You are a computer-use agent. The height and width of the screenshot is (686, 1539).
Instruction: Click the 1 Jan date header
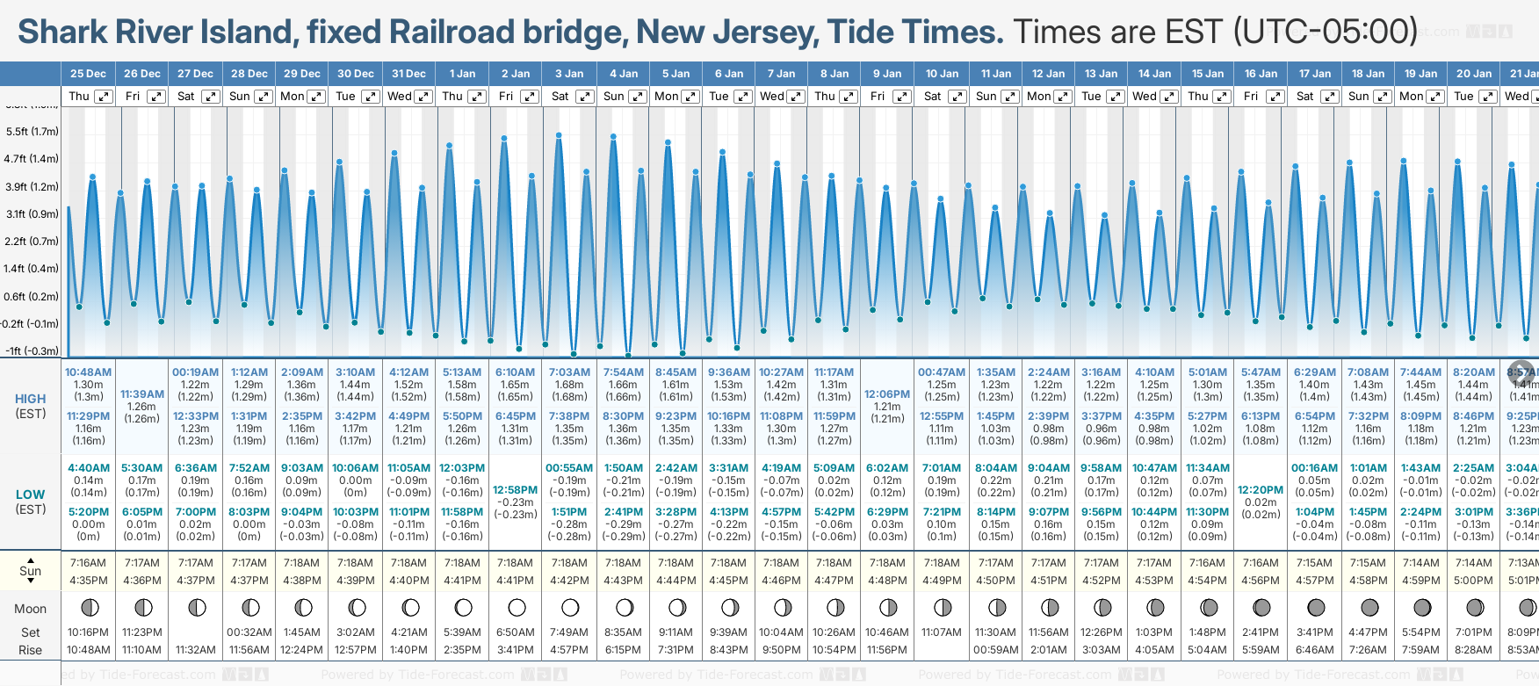coord(462,74)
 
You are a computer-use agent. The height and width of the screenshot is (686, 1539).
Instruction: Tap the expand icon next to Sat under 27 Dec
coord(210,97)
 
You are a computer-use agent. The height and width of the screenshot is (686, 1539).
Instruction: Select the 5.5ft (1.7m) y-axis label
coord(32,132)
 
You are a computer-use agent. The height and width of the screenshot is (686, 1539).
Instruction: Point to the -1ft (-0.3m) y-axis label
coord(32,350)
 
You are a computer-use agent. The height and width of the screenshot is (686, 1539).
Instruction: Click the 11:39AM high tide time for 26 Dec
coord(142,394)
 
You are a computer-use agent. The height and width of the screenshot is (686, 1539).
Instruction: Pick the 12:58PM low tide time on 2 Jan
coord(515,490)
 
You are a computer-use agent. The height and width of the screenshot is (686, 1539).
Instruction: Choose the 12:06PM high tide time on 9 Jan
coord(887,394)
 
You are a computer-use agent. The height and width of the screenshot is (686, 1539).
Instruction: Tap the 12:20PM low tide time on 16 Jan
coord(1261,490)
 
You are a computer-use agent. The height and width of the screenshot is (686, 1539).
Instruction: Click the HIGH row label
coord(31,399)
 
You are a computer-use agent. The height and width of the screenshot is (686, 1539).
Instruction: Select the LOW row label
coord(31,495)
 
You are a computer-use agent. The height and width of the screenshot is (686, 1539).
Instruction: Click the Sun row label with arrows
coord(31,571)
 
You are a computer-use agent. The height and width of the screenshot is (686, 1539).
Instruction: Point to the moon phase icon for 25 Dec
coord(89,607)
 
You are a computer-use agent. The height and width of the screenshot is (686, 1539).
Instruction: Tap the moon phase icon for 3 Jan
coord(570,607)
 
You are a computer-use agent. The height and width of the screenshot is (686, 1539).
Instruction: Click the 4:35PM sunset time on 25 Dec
coord(89,580)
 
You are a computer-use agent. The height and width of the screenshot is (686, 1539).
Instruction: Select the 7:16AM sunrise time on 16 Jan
coord(1261,563)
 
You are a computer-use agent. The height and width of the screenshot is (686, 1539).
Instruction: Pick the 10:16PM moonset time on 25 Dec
coord(89,632)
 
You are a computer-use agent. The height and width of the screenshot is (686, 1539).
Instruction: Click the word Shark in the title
coord(62,32)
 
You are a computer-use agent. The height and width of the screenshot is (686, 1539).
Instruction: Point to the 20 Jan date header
coord(1474,74)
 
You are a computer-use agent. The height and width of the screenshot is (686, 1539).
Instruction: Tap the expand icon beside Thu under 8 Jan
coord(849,97)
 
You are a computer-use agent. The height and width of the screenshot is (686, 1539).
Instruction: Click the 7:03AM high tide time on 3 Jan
coord(569,372)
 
